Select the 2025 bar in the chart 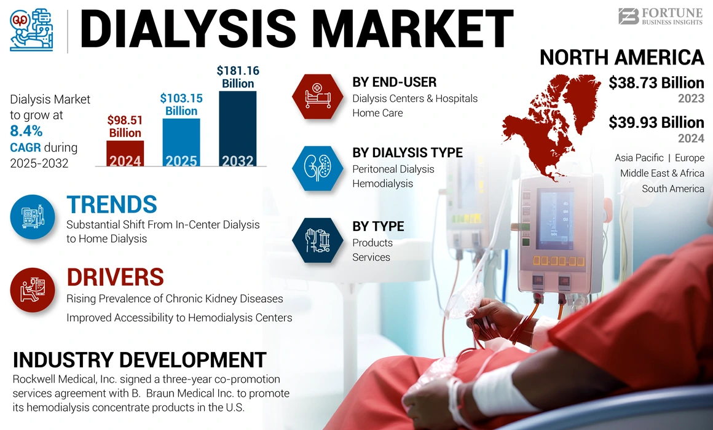181,142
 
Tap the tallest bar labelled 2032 237,128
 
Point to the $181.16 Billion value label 238,77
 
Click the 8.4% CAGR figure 26,131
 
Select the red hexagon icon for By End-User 317,96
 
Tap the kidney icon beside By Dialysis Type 317,168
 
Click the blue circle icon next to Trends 33,217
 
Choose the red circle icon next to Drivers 33,289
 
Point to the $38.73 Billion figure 656,83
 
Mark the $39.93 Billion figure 656,122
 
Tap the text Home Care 377,113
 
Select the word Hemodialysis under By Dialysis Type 382,184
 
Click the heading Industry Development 140,360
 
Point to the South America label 672,189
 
